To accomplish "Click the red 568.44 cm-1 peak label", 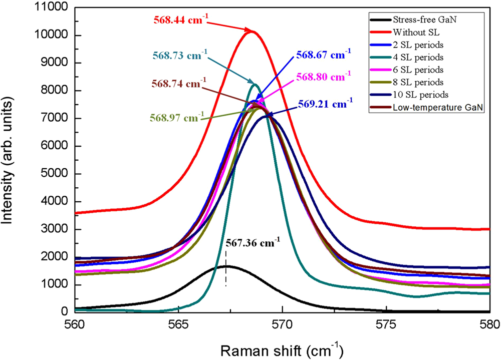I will (x=180, y=21).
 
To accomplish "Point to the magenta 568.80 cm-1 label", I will (x=324, y=78).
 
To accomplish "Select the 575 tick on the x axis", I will (x=386, y=324).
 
